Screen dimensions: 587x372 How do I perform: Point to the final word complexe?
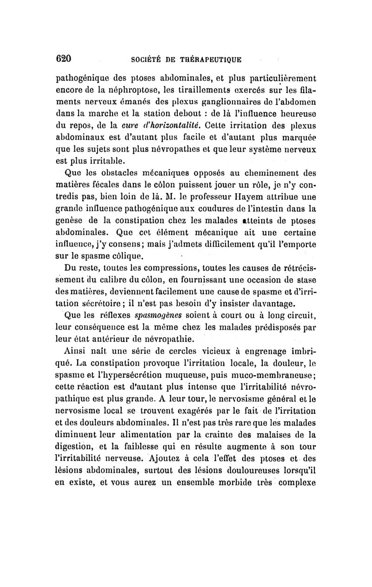296,486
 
